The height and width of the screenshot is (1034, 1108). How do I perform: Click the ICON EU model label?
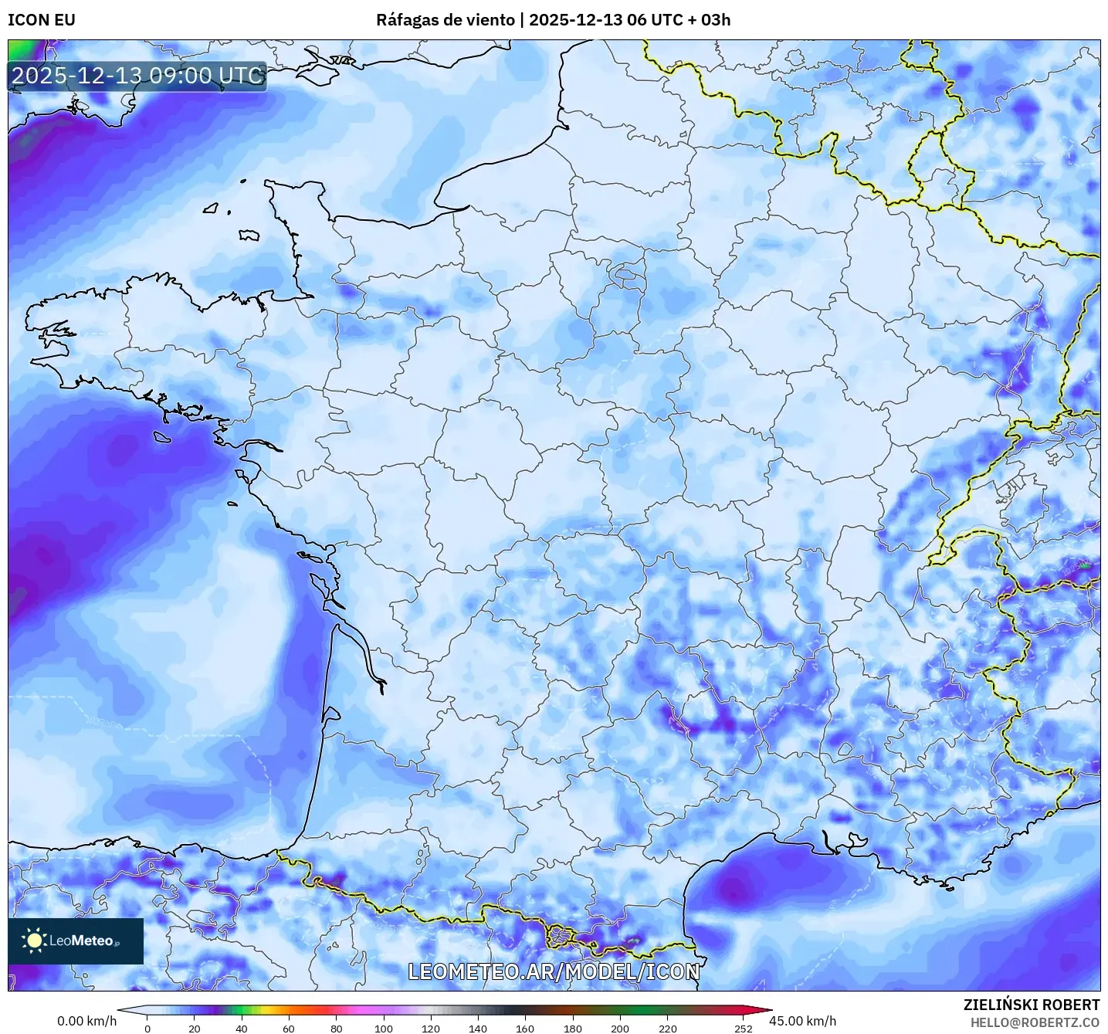pyautogui.click(x=42, y=20)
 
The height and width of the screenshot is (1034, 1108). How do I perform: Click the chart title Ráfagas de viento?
pyautogui.click(x=445, y=20)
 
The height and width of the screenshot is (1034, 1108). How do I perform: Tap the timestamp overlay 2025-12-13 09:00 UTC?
pyautogui.click(x=137, y=76)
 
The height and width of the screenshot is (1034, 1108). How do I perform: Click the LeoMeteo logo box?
pyautogui.click(x=76, y=941)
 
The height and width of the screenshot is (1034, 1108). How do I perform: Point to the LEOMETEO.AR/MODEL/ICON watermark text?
pyautogui.click(x=554, y=971)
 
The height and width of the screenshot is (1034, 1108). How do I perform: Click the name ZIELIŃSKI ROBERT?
pyautogui.click(x=1032, y=1005)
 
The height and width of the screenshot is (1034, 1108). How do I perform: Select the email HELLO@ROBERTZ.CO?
pyautogui.click(x=1035, y=1022)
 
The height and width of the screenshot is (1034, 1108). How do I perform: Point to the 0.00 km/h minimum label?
pyautogui.click(x=86, y=1021)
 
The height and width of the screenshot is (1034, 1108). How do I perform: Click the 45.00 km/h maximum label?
pyautogui.click(x=802, y=1021)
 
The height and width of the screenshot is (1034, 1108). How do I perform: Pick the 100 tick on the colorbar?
pyautogui.click(x=384, y=1028)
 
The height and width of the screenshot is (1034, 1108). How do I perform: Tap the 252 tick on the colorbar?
pyautogui.click(x=743, y=1028)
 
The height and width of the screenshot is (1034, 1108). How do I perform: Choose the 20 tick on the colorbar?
pyautogui.click(x=195, y=1028)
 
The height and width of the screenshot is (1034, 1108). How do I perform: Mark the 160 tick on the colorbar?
pyautogui.click(x=525, y=1028)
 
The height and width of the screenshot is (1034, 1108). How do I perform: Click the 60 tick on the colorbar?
pyautogui.click(x=289, y=1028)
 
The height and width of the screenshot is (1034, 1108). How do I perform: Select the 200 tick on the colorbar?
pyautogui.click(x=620, y=1028)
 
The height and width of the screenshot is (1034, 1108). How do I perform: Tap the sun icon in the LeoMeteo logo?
pyautogui.click(x=34, y=940)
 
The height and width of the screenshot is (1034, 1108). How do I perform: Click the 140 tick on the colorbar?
pyautogui.click(x=478, y=1028)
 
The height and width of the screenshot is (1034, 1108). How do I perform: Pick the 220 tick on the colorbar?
pyautogui.click(x=668, y=1028)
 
